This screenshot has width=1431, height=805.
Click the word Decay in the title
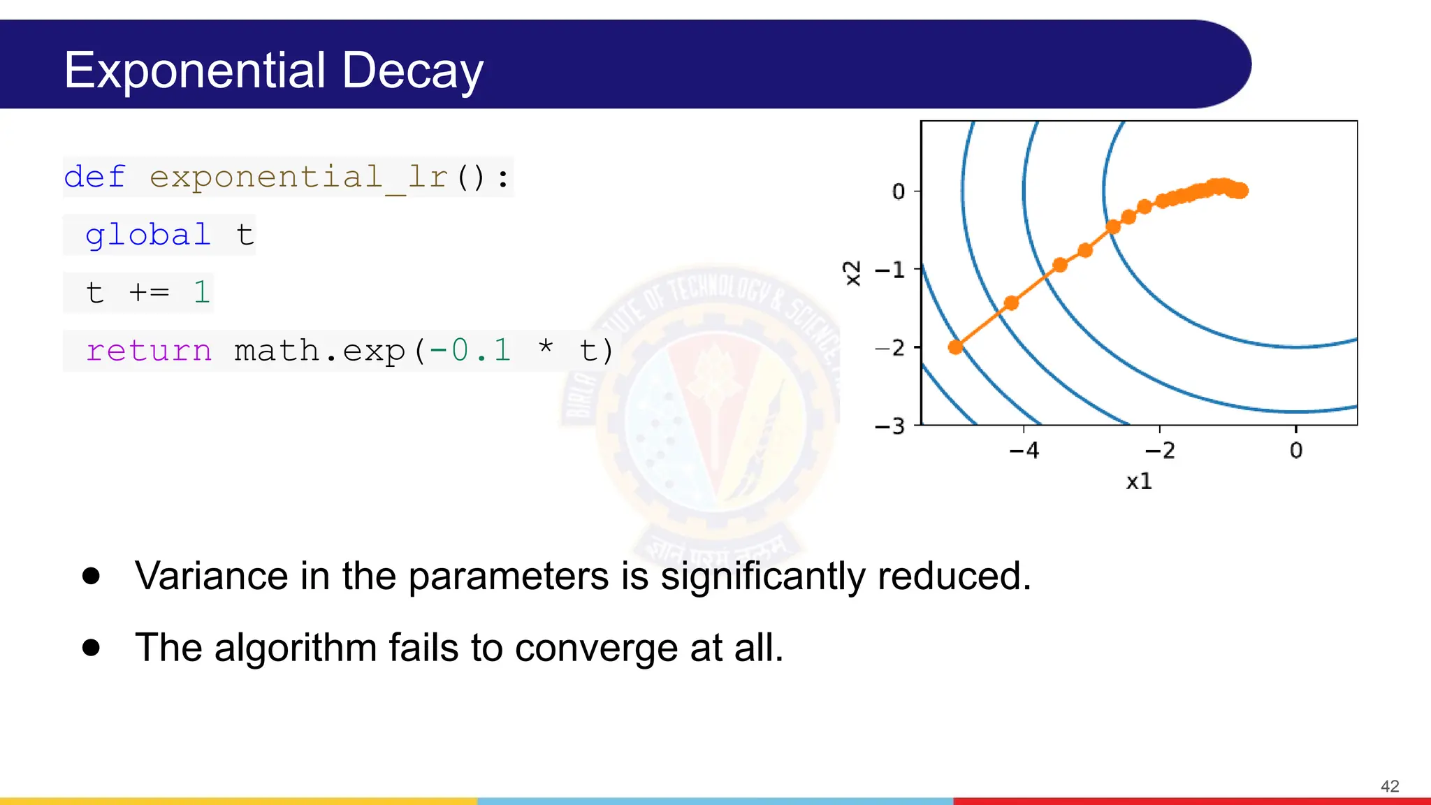click(x=412, y=71)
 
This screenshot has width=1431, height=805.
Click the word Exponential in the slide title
click(x=195, y=71)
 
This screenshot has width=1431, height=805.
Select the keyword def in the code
click(x=94, y=177)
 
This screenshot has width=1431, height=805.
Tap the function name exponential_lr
click(x=298, y=177)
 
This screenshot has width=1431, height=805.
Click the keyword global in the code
click(x=147, y=235)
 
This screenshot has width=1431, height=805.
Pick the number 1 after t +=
click(x=202, y=292)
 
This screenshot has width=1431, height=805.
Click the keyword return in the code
click(x=148, y=350)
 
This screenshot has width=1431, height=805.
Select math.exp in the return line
click(x=319, y=350)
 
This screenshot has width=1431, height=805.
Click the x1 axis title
click(x=1138, y=481)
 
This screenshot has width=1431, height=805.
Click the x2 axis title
click(x=852, y=273)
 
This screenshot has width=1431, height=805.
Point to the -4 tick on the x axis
click(x=1024, y=451)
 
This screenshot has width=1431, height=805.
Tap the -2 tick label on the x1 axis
click(x=1160, y=451)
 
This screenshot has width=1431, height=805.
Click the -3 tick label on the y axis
click(x=889, y=426)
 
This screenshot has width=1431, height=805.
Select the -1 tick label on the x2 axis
click(x=889, y=270)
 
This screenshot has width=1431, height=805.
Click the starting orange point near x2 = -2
click(x=955, y=347)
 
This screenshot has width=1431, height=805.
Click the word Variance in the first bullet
click(x=212, y=576)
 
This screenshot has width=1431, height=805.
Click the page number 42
click(x=1390, y=786)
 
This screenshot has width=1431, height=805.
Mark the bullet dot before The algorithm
click(x=91, y=647)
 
